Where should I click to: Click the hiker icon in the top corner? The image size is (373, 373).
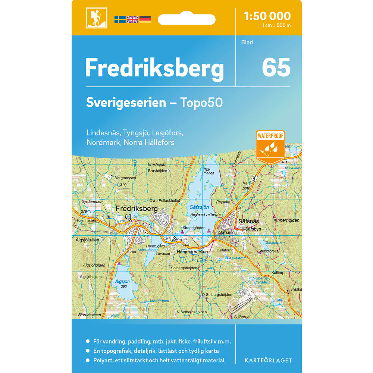97,18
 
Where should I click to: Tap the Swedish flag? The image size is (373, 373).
120,19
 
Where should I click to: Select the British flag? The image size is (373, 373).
132,19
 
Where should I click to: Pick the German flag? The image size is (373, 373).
145,19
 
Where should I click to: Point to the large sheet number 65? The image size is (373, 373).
276,67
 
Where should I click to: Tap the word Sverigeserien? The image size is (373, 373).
126,103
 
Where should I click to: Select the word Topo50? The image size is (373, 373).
201,103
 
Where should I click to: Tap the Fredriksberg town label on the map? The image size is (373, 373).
137,209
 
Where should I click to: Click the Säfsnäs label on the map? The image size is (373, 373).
248,221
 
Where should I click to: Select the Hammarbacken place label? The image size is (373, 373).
192,252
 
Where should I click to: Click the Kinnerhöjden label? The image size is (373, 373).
286,220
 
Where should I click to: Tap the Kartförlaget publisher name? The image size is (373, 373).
268,360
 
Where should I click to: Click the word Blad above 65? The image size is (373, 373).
247,42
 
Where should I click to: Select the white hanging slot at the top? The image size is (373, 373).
186,19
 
